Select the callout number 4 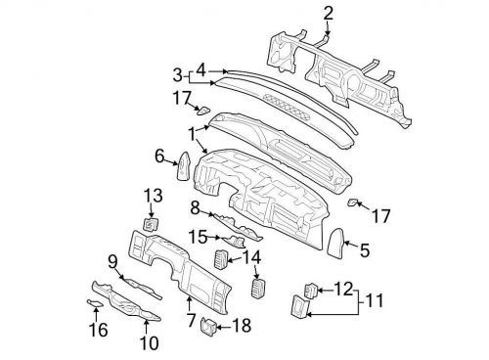tap(200, 69)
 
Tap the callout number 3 tap(178, 75)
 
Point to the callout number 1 tap(193, 129)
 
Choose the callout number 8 tap(195, 206)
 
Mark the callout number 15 tap(196, 236)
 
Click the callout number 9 tap(112, 260)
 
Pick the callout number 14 tap(252, 257)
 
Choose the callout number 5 tap(365, 251)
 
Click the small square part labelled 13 tap(151, 225)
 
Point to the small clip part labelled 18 tap(208, 325)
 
